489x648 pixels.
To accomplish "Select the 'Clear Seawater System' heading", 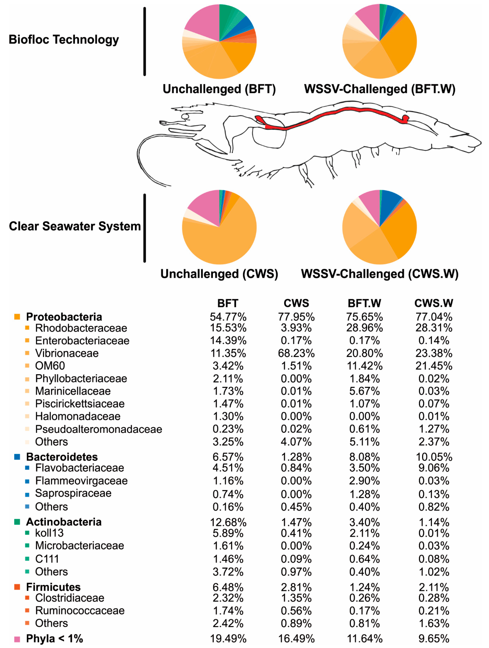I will (75, 226).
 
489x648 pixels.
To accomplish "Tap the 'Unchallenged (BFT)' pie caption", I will (219, 89).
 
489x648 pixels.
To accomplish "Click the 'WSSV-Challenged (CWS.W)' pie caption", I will (379, 274).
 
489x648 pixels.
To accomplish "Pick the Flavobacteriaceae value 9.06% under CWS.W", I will (434, 468).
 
